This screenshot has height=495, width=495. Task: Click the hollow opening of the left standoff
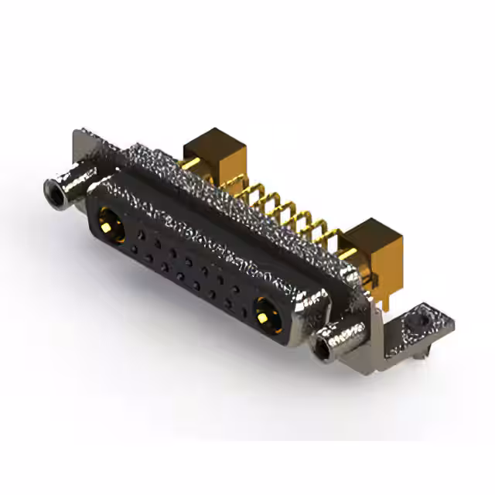[x=53, y=187]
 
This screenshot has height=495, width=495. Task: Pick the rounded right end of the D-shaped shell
[x=313, y=302]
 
